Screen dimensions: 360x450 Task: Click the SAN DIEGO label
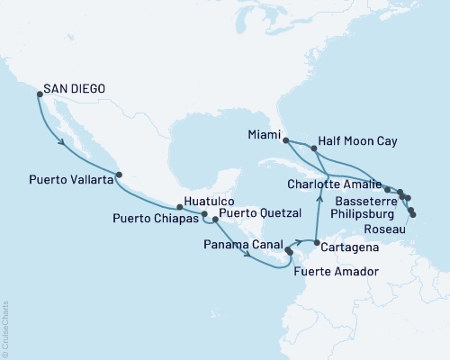[x=74, y=89]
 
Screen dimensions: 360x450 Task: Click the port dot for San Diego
[x=39, y=92]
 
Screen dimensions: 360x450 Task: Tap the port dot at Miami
[x=285, y=140]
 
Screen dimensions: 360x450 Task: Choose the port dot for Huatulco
[x=179, y=207]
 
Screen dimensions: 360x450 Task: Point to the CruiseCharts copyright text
[x=5, y=328]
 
